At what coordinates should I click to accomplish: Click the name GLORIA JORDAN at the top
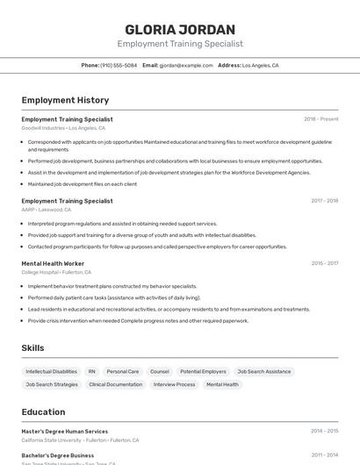pyautogui.click(x=180, y=29)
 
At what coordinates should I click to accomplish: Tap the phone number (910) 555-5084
pyautogui.click(x=119, y=65)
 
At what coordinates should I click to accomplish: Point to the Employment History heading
pyautogui.click(x=65, y=100)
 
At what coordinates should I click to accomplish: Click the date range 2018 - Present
pyautogui.click(x=320, y=118)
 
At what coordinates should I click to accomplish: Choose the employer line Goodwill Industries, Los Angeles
pyautogui.click(x=63, y=128)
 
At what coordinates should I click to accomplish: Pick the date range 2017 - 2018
pyautogui.click(x=324, y=200)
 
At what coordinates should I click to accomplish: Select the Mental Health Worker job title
pyautogui.click(x=53, y=263)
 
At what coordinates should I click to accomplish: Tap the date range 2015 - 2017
pyautogui.click(x=324, y=263)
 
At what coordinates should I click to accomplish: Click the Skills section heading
pyautogui.click(x=32, y=348)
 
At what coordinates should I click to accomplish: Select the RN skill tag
pyautogui.click(x=91, y=371)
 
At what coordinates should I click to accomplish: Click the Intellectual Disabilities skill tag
pyautogui.click(x=51, y=371)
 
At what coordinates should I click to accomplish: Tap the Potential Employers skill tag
pyautogui.click(x=203, y=371)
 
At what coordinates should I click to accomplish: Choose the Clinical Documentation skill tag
pyautogui.click(x=115, y=384)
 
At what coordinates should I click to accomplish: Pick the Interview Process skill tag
pyautogui.click(x=175, y=384)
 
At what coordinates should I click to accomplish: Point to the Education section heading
pyautogui.click(x=43, y=411)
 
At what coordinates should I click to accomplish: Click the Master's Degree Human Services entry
pyautogui.click(x=65, y=431)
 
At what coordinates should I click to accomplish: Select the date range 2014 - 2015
pyautogui.click(x=324, y=431)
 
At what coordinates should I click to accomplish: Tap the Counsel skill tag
pyautogui.click(x=160, y=371)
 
